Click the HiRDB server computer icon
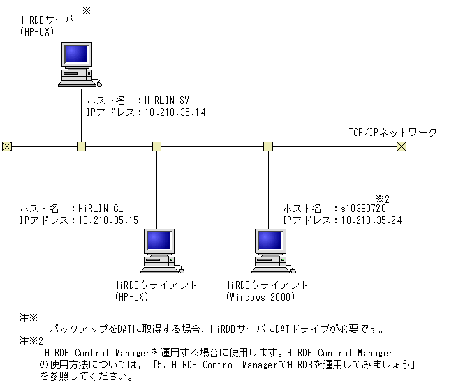[76, 63]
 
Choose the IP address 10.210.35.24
[371, 220]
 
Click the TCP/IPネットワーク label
[392, 132]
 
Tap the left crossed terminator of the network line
[6, 146]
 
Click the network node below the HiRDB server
[81, 146]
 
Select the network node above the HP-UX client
[157, 146]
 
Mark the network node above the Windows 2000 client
[267, 146]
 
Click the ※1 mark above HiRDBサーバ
[89, 11]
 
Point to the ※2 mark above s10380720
[382, 199]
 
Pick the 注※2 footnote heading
[31, 342]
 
